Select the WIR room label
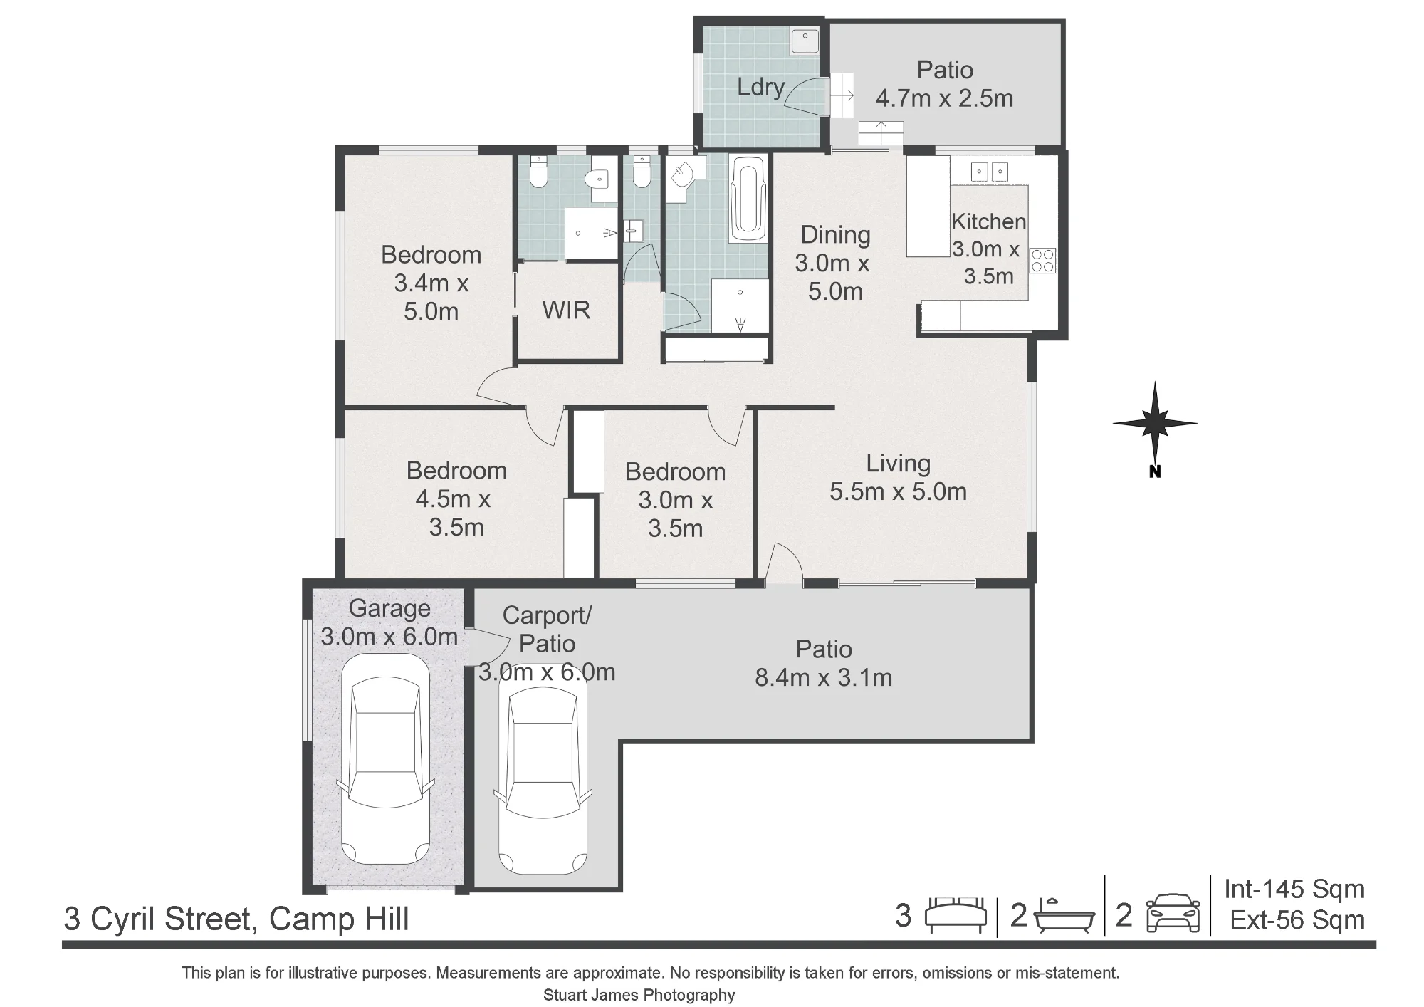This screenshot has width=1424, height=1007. pyautogui.click(x=566, y=311)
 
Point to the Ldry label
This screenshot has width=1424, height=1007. pyautogui.click(x=760, y=87)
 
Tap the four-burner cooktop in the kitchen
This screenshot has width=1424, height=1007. pyautogui.click(x=1042, y=260)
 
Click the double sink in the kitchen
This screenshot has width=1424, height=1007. pyautogui.click(x=990, y=172)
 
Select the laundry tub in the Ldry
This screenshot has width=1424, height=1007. pyautogui.click(x=805, y=42)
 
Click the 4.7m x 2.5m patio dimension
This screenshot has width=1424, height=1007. pyautogui.click(x=945, y=98)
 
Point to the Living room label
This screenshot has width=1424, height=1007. pyautogui.click(x=898, y=464)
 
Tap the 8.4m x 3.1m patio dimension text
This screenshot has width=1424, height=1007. pyautogui.click(x=824, y=677)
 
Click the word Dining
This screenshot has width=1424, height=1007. pyautogui.click(x=835, y=235)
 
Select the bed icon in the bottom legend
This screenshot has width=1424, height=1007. pyautogui.click(x=956, y=915)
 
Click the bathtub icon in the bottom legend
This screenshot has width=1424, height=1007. pyautogui.click(x=1064, y=917)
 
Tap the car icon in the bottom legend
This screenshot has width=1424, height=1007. pyautogui.click(x=1173, y=914)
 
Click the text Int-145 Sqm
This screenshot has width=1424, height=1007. pyautogui.click(x=1294, y=889)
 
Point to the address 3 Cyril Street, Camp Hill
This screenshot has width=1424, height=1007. pyautogui.click(x=236, y=919)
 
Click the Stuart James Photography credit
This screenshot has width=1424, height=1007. pyautogui.click(x=639, y=995)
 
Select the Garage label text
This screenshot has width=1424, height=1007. pyautogui.click(x=389, y=608)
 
